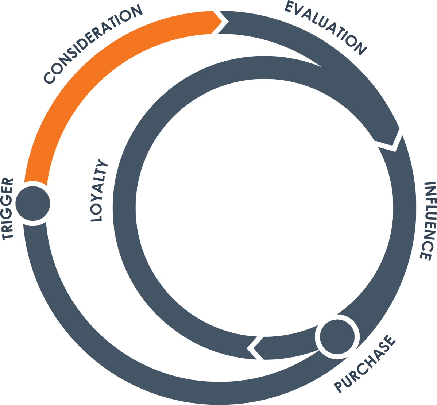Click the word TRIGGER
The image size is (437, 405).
(8, 209)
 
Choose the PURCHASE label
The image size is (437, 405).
(365, 364)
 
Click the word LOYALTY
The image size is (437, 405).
(99, 190)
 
